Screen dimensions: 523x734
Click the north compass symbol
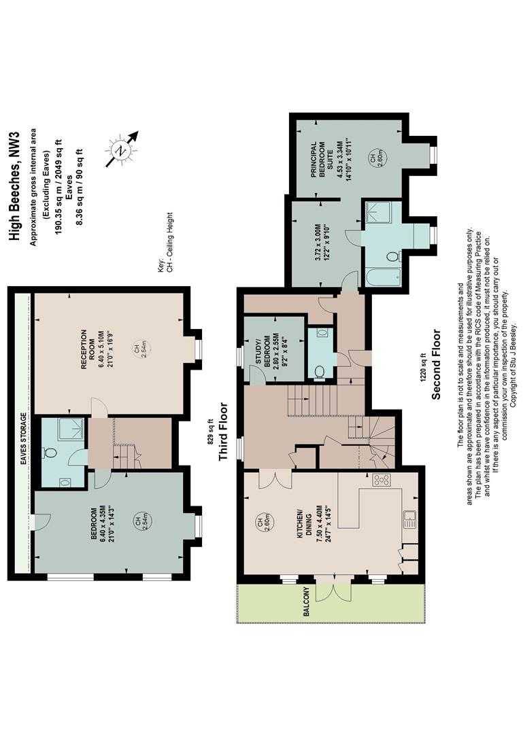[122, 150]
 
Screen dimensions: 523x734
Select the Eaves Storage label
[23, 438]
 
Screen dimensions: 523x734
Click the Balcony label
[307, 601]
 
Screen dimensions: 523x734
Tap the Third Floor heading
[224, 432]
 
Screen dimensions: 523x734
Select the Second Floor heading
[437, 365]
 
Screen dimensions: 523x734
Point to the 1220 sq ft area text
[424, 365]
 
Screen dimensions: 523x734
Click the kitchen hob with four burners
[381, 480]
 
